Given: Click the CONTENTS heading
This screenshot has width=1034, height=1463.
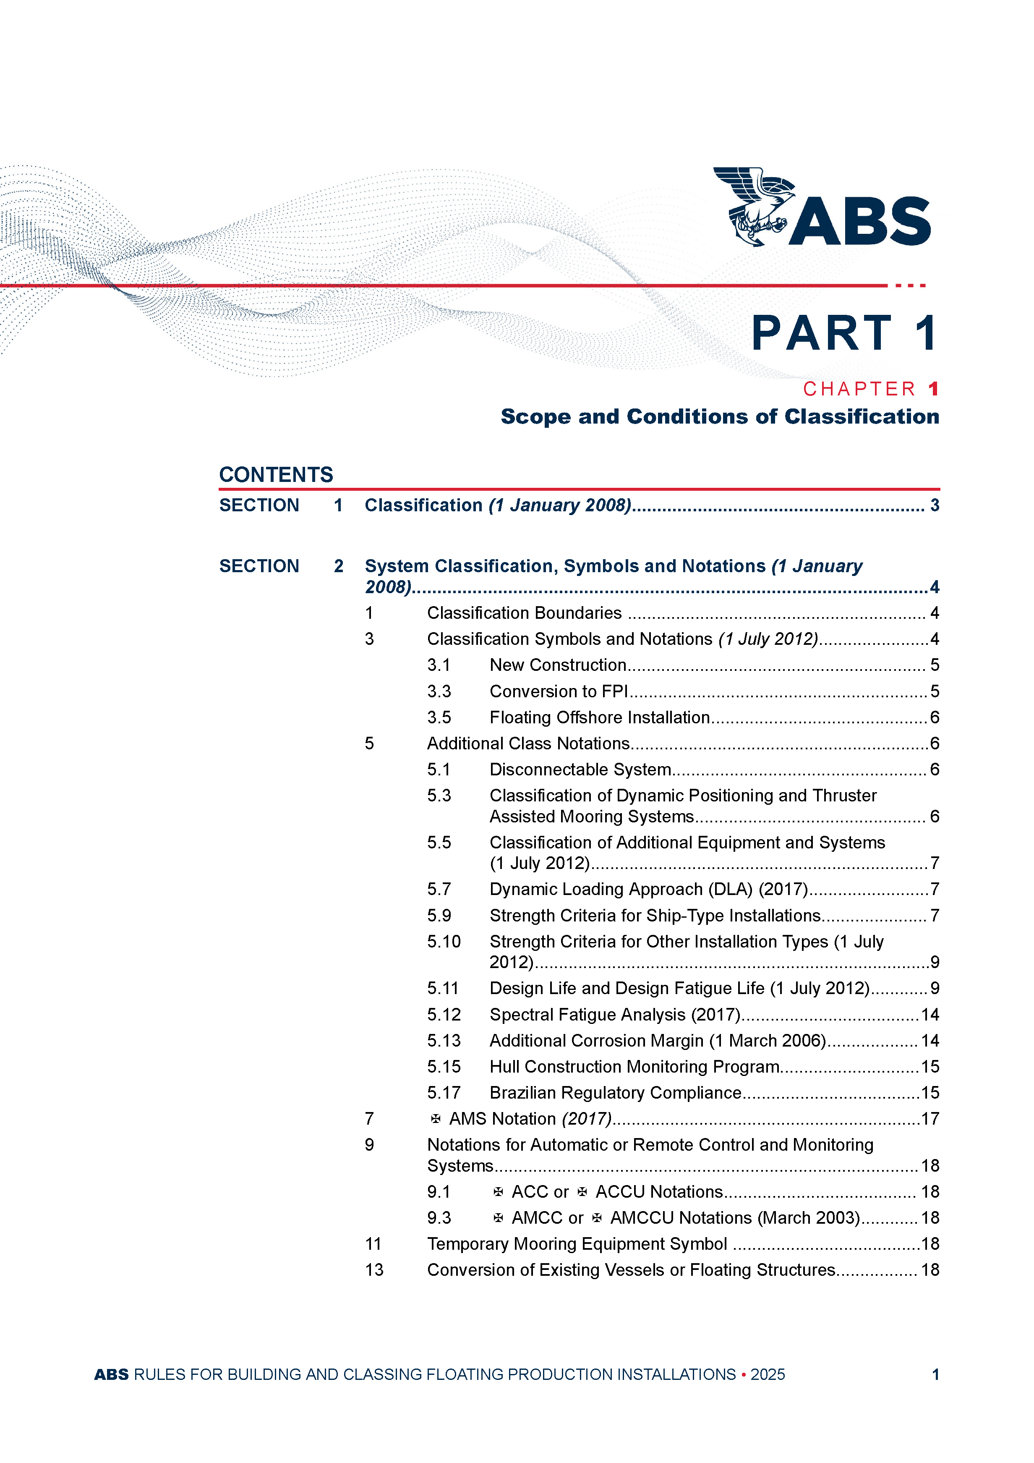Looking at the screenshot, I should pyautogui.click(x=276, y=475).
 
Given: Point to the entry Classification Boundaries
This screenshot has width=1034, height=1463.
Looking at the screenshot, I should pyautogui.click(x=524, y=613).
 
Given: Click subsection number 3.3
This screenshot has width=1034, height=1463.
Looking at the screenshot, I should pyautogui.click(x=439, y=691).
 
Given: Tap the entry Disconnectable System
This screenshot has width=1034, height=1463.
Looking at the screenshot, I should pyautogui.click(x=580, y=770).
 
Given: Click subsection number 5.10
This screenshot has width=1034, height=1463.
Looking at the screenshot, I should pyautogui.click(x=444, y=942).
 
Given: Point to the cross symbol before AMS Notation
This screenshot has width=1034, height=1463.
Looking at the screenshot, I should pyautogui.click(x=436, y=1119).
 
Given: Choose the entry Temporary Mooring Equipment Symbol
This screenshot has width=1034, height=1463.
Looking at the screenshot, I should pyautogui.click(x=577, y=1244).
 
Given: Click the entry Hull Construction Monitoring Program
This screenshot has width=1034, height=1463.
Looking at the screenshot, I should pyautogui.click(x=634, y=1067).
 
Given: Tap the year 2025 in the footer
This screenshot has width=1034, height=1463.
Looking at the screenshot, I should pyautogui.click(x=767, y=1374).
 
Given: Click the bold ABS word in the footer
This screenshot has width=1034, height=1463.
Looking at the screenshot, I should pyautogui.click(x=112, y=1374).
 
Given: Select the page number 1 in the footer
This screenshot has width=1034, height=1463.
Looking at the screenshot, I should pyautogui.click(x=935, y=1374).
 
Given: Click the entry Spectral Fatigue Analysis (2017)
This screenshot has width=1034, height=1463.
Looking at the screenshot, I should pyautogui.click(x=614, y=1014).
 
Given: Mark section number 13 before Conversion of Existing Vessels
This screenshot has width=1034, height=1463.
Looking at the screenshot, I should pyautogui.click(x=374, y=1270).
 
